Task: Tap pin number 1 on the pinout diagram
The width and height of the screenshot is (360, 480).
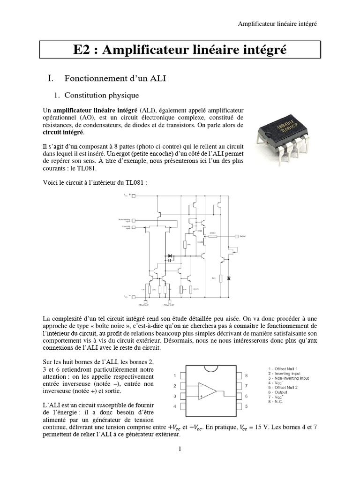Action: coord(175,375)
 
